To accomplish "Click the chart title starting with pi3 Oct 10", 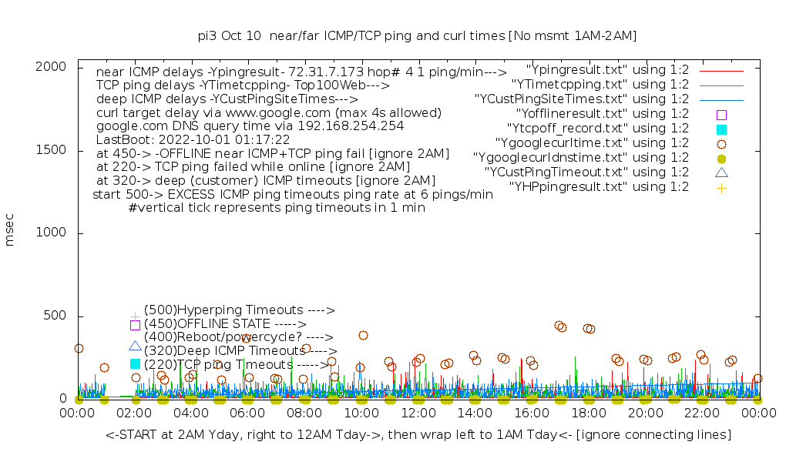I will point(417,35).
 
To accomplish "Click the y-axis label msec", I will point(10,232).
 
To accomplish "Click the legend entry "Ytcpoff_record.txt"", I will point(597,128).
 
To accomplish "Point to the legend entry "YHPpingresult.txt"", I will point(599,186).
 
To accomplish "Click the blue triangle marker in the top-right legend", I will point(721,172).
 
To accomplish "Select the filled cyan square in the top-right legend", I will point(721,129).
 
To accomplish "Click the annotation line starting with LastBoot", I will point(193,139).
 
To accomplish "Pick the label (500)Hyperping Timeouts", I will point(239,310).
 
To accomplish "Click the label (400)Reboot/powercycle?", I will point(238,337).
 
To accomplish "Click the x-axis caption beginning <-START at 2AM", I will point(418,435).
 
